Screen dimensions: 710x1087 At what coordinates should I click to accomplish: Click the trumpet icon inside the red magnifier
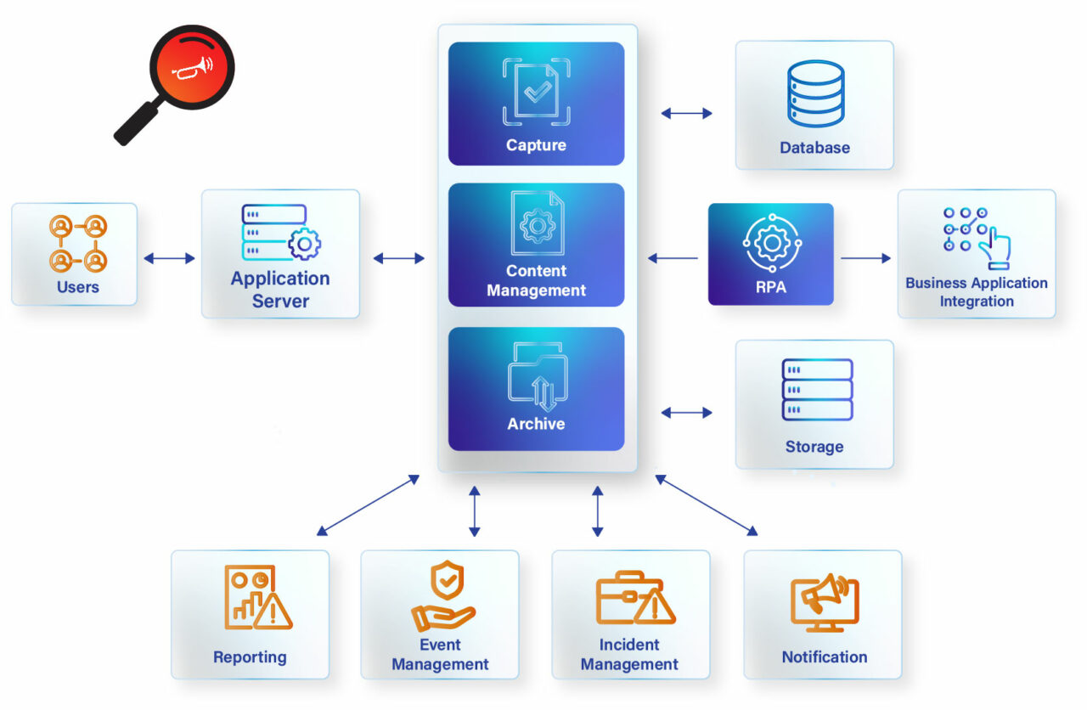pyautogui.click(x=192, y=69)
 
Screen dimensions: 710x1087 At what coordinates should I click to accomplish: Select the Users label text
pyautogui.click(x=77, y=287)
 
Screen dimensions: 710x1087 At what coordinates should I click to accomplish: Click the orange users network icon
pyautogui.click(x=77, y=243)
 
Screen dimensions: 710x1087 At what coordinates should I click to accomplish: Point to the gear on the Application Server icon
pyautogui.click(x=304, y=245)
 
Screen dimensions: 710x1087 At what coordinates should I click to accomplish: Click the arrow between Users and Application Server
pyautogui.click(x=169, y=258)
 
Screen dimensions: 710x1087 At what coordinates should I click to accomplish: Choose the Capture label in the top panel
pyautogui.click(x=536, y=145)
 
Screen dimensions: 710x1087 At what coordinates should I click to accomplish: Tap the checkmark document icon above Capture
pyautogui.click(x=536, y=92)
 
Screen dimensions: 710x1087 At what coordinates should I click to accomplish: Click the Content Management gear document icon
pyautogui.click(x=536, y=223)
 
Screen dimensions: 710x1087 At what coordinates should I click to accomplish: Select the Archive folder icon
pyautogui.click(x=537, y=375)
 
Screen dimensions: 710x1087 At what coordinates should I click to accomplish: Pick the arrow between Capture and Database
pyautogui.click(x=686, y=113)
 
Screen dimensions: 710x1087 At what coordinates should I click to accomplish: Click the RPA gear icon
pyautogui.click(x=771, y=242)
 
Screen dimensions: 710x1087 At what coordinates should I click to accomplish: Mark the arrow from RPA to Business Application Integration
pyautogui.click(x=865, y=258)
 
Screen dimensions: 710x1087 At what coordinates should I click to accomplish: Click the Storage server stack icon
pyautogui.click(x=816, y=390)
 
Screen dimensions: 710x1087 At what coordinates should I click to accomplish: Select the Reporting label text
pyautogui.click(x=250, y=656)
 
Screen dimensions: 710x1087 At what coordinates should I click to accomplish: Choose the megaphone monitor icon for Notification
pyautogui.click(x=824, y=603)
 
